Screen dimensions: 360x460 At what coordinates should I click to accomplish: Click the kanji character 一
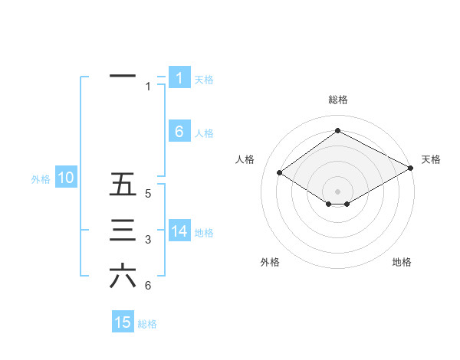pyautogui.click(x=123, y=77)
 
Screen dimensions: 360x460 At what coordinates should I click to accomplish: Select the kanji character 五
pyautogui.click(x=123, y=185)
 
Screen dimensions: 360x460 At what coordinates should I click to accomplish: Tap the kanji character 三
pyautogui.click(x=123, y=231)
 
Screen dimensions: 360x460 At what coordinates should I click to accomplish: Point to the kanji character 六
pyautogui.click(x=123, y=277)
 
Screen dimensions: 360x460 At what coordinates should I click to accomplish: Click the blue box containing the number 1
pyautogui.click(x=179, y=78)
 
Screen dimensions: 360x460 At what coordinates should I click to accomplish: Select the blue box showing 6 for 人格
pyautogui.click(x=179, y=132)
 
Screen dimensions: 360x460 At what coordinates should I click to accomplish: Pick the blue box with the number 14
pyautogui.click(x=179, y=231)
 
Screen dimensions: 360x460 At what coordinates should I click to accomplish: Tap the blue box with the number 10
pyautogui.click(x=66, y=178)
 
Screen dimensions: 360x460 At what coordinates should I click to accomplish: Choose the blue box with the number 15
pyautogui.click(x=123, y=322)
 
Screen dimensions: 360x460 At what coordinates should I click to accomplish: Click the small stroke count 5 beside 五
pyautogui.click(x=148, y=194)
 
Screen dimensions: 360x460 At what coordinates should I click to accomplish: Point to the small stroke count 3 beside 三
pyautogui.click(x=148, y=241)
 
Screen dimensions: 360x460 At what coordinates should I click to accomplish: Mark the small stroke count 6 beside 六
pyautogui.click(x=148, y=286)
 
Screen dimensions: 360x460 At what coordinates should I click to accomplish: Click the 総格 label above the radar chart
pyautogui.click(x=337, y=100)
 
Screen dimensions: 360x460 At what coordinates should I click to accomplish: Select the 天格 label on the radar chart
pyautogui.click(x=431, y=159)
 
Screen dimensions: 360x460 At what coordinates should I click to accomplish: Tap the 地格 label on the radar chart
pyautogui.click(x=402, y=262)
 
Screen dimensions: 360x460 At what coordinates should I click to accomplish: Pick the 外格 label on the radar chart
pyautogui.click(x=270, y=262)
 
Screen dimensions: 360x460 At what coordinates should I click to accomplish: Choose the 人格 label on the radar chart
pyautogui.click(x=244, y=159)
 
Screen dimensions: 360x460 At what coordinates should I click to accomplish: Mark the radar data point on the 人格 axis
pyautogui.click(x=280, y=173)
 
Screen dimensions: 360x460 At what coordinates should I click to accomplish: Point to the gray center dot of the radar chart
pyautogui.click(x=337, y=191)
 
